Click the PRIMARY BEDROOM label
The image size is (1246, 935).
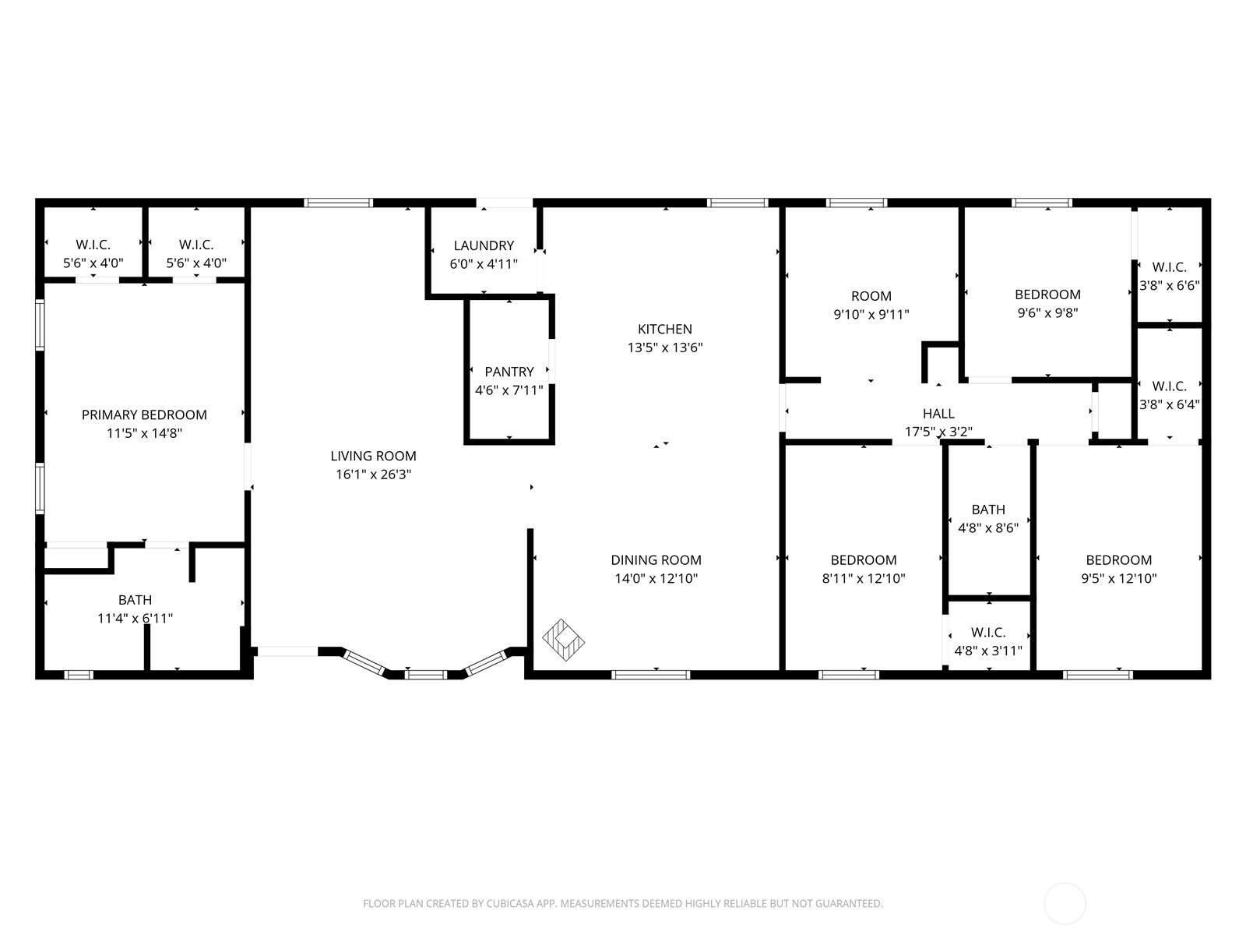[x=144, y=415]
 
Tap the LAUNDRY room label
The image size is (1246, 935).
[x=484, y=245]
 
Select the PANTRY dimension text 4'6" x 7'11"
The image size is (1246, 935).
[x=509, y=390]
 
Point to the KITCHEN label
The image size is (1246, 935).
[x=665, y=329]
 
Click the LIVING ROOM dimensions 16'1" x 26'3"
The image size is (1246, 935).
[x=374, y=475]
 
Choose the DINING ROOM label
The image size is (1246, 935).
[x=656, y=559]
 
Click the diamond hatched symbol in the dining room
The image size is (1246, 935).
[x=563, y=640]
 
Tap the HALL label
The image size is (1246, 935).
[x=938, y=414]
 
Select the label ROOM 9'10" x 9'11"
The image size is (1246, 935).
[x=871, y=296]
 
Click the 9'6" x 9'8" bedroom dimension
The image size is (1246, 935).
[x=1047, y=313]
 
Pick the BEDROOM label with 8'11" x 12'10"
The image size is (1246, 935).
[x=863, y=559]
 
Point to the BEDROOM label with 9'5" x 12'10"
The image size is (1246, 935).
[x=1118, y=559]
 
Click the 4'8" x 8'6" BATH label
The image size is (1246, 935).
[x=988, y=510]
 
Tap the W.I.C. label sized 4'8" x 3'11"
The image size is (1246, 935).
[x=988, y=632]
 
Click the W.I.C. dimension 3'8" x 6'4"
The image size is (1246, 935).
[x=1169, y=404]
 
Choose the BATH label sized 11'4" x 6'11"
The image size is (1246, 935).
[x=135, y=600]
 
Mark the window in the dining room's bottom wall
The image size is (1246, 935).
[x=651, y=675]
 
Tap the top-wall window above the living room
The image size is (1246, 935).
[x=338, y=203]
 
